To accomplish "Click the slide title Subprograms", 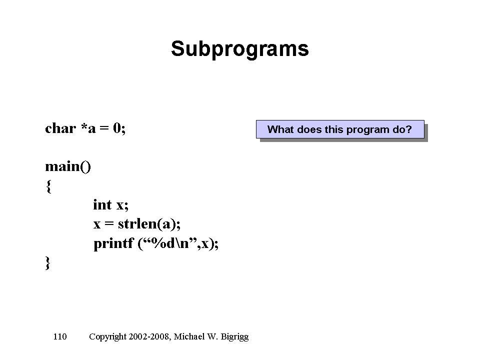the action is pos(239,49).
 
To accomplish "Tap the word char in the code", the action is pos(60,128).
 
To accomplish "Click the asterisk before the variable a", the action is pos(84,126).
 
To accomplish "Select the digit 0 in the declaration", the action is pos(116,128).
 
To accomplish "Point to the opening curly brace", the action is pos(48,186).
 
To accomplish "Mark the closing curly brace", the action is pos(48,263).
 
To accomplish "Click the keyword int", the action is pos(102,205).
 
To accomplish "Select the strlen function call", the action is pos(149,224).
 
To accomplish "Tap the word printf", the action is pos(113,243).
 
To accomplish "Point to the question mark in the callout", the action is pos(408,129).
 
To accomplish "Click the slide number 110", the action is pos(59,336).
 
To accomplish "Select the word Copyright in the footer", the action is pos(107,337).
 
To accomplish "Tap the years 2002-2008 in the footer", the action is pos(148,336).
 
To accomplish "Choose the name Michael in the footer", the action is pos(189,336).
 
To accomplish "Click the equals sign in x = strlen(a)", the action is pos(109,224).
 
